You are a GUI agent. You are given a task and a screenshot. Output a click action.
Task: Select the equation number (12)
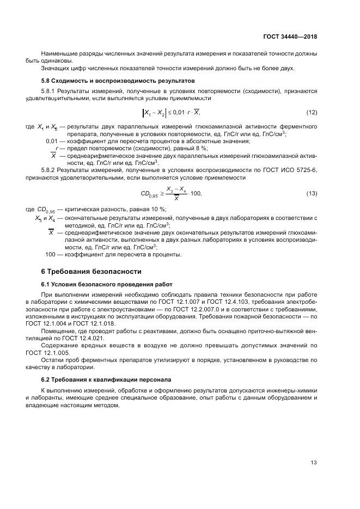[312, 113]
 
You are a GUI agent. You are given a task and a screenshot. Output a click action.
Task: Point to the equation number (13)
[312, 194]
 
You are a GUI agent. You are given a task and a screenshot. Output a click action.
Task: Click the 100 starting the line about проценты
[51, 254]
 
